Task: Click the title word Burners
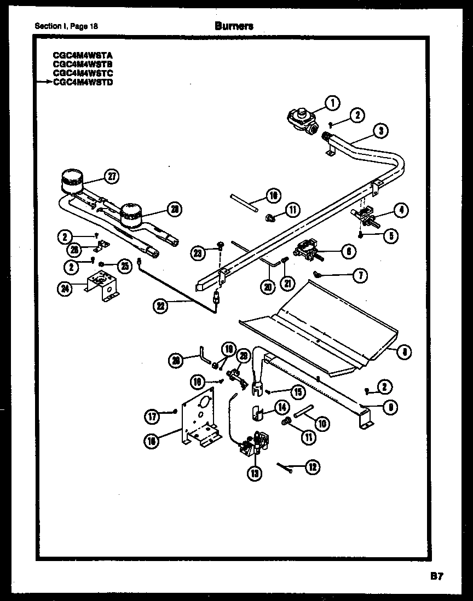[x=234, y=25]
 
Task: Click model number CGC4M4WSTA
[x=76, y=56]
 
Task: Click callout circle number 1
[x=332, y=102]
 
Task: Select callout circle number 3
[x=382, y=130]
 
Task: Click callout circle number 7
[x=359, y=275]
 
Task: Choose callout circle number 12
[x=313, y=467]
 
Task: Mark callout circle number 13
[x=255, y=473]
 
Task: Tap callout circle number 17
[x=153, y=417]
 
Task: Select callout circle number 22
[x=160, y=307]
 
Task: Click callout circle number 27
[x=112, y=176]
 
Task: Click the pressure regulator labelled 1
[x=300, y=118]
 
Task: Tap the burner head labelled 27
[x=71, y=181]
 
